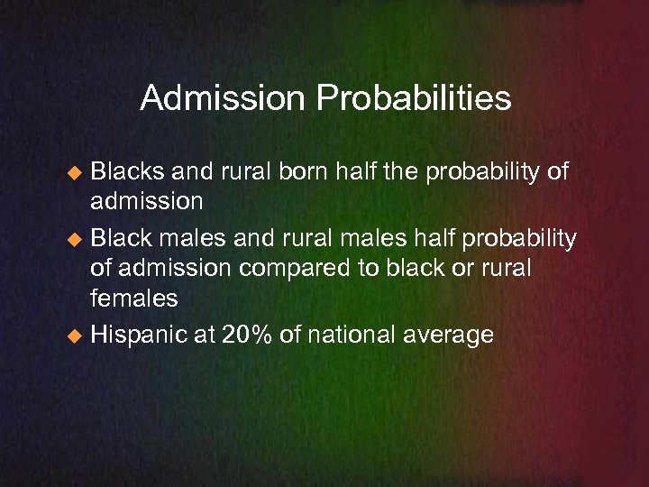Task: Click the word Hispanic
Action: point(142,335)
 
